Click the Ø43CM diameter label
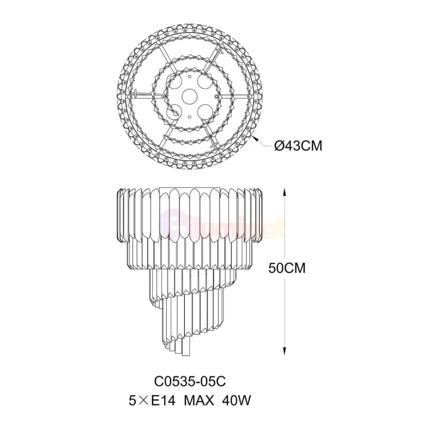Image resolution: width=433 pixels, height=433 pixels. coord(298,146)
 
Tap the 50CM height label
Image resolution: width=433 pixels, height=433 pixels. coord(287,268)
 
